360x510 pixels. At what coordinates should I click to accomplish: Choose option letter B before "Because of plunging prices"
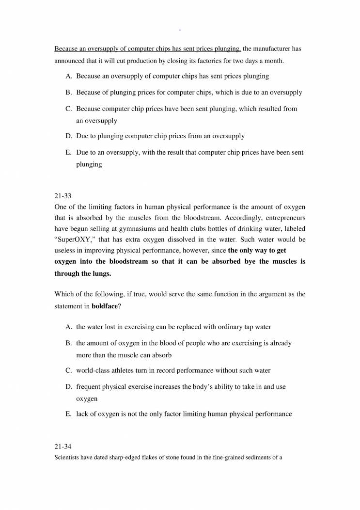(x=68, y=92)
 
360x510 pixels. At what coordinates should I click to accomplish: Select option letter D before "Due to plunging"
(x=68, y=136)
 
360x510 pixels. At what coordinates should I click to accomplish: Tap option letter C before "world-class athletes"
(x=68, y=370)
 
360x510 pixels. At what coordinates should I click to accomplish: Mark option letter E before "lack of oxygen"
(x=68, y=414)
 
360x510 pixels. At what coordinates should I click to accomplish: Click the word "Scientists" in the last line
(x=68, y=457)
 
